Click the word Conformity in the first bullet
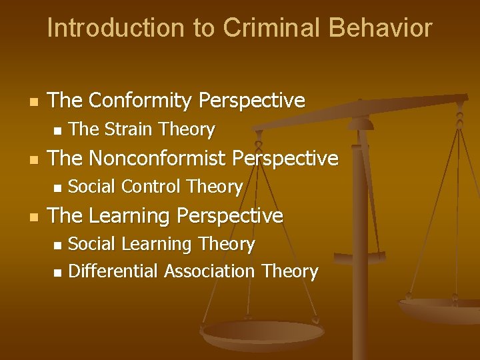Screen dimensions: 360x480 pyautogui.click(x=140, y=101)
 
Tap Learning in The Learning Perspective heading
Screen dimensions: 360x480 pyautogui.click(x=135, y=215)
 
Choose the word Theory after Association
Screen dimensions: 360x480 pyautogui.click(x=290, y=271)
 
